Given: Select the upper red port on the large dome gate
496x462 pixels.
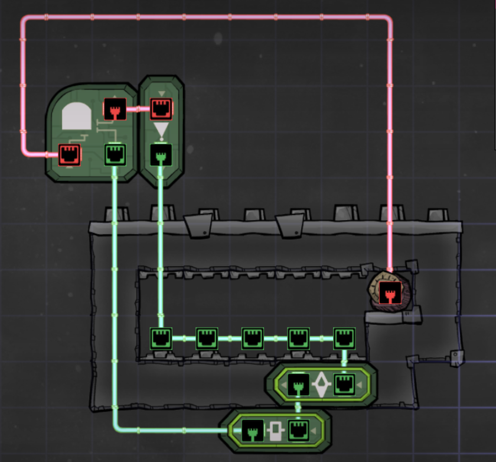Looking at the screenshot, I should coord(115,109).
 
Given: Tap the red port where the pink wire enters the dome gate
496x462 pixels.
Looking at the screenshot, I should coord(69,155).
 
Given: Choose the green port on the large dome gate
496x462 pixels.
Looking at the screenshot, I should coord(115,155).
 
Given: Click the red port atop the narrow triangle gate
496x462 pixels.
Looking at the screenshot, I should coord(161,109).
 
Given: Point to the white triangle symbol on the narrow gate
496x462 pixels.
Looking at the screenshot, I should coord(161,130).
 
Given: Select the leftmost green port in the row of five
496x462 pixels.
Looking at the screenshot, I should coord(161,338).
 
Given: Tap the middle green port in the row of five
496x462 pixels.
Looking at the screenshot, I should coord(253,338).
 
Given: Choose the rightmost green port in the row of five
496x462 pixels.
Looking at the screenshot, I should coord(344,338).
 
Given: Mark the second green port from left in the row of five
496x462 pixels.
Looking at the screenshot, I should coord(207,338).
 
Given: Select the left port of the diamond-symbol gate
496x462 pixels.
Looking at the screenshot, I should coord(299,385).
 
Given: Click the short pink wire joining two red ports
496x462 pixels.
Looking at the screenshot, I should coord(138,109).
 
